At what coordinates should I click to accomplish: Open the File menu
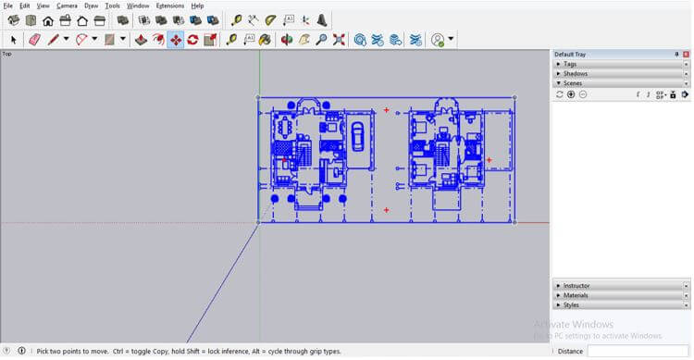point(7,6)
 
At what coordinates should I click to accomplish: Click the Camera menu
point(67,6)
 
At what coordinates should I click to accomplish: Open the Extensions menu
point(169,6)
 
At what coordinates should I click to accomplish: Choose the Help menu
point(197,6)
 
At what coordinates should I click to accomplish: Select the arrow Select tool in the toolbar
point(13,40)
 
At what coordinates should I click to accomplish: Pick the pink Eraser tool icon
point(35,40)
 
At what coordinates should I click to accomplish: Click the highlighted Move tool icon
point(175,40)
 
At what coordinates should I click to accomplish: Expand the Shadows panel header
point(576,73)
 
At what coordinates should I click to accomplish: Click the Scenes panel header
point(574,83)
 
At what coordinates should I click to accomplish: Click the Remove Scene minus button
point(583,94)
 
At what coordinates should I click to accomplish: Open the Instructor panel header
point(577,286)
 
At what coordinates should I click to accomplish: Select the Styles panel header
point(572,304)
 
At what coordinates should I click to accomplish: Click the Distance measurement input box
point(638,351)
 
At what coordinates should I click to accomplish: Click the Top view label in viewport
point(6,54)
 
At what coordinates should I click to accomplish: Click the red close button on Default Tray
point(686,54)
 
